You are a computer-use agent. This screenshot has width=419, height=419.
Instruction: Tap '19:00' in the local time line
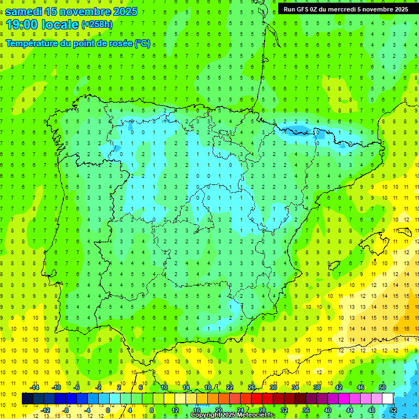coord(22,25)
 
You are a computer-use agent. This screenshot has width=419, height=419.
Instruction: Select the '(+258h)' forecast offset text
coord(97,25)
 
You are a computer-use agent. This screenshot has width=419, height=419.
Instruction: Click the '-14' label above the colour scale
coord(34,387)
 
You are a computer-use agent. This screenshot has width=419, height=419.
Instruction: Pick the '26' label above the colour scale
coord(252,387)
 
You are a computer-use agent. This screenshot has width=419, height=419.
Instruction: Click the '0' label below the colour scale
coord(108,410)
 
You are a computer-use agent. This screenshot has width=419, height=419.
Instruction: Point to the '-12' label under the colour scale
coord(45,410)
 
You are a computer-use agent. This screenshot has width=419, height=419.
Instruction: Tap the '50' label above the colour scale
coord(382,387)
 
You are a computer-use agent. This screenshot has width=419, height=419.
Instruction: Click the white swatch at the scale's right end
coord(388,399)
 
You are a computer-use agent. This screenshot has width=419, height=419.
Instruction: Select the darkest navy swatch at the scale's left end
coord(27,399)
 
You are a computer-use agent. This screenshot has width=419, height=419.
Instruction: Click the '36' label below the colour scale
coord(306,410)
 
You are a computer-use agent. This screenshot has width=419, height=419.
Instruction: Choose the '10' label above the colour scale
coord(164,387)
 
